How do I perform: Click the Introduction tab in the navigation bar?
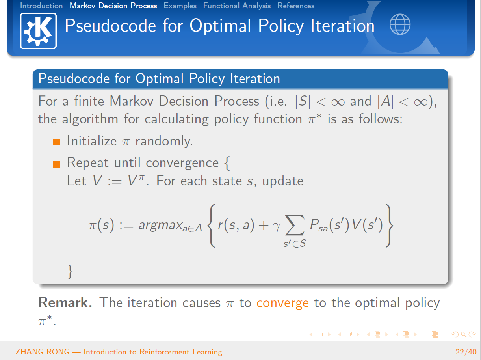41,6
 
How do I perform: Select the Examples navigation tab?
180,6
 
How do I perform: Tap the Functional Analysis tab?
237,6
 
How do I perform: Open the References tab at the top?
296,6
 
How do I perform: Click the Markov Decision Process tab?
113,6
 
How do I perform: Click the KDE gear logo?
38,31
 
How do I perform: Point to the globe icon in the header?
400,24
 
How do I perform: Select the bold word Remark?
65,302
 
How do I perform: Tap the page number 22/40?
466,352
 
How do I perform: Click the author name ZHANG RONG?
42,352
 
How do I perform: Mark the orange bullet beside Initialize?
56,142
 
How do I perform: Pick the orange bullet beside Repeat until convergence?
56,164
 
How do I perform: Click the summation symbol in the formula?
295,225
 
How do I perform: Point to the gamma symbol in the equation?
277,226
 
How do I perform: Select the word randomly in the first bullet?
164,142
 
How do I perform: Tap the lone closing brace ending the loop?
70,272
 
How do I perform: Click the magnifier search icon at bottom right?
463,335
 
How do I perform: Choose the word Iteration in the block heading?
255,78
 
